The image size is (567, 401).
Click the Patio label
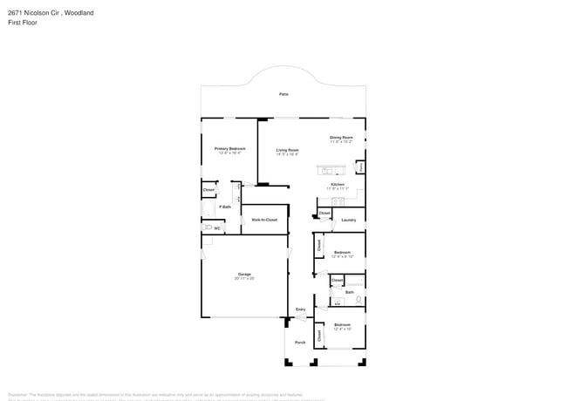(x=283, y=94)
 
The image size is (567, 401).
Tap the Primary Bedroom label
(x=230, y=148)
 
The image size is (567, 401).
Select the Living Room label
(x=288, y=150)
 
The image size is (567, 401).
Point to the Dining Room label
(x=341, y=137)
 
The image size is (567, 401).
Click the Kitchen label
(x=338, y=185)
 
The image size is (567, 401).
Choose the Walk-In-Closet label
(x=264, y=220)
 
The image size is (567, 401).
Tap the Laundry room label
(x=349, y=220)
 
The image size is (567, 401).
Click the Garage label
(x=244, y=275)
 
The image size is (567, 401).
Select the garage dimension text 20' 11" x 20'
(x=244, y=279)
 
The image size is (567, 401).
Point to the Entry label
(x=300, y=309)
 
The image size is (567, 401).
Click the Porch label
(x=299, y=343)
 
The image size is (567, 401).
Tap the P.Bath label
(x=225, y=207)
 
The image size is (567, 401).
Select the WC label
(x=217, y=228)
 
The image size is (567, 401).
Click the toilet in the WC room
(x=208, y=228)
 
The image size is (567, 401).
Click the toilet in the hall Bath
(x=358, y=299)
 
